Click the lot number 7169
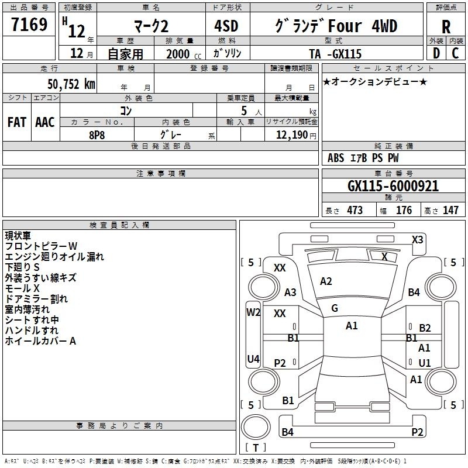(29, 25)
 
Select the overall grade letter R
(446, 27)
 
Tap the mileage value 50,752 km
(71, 84)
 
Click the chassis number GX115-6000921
(393, 186)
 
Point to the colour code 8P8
(97, 135)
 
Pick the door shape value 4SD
(226, 26)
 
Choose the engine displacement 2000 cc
(184, 54)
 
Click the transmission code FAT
(17, 122)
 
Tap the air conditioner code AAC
(45, 122)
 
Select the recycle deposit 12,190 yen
(296, 135)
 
